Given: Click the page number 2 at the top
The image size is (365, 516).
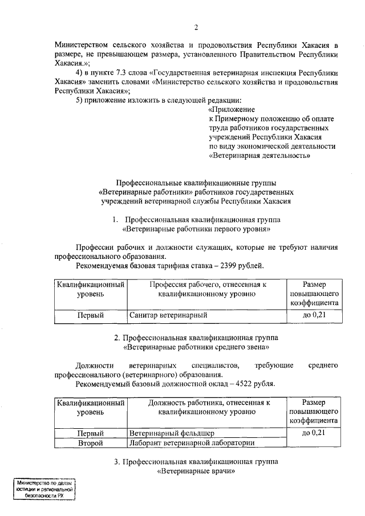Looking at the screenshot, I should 196,27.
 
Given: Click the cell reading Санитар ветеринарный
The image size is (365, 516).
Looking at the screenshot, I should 167,314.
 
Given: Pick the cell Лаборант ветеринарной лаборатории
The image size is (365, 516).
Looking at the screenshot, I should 191,443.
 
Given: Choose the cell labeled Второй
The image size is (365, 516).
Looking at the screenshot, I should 91,443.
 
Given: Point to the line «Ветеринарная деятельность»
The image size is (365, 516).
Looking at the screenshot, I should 259,155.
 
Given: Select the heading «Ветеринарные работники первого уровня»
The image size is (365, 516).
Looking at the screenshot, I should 196,229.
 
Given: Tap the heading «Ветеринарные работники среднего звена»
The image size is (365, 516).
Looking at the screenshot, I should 196,347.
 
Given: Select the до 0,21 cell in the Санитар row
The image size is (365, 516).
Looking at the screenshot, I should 314,314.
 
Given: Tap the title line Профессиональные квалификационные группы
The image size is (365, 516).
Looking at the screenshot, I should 196,182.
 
